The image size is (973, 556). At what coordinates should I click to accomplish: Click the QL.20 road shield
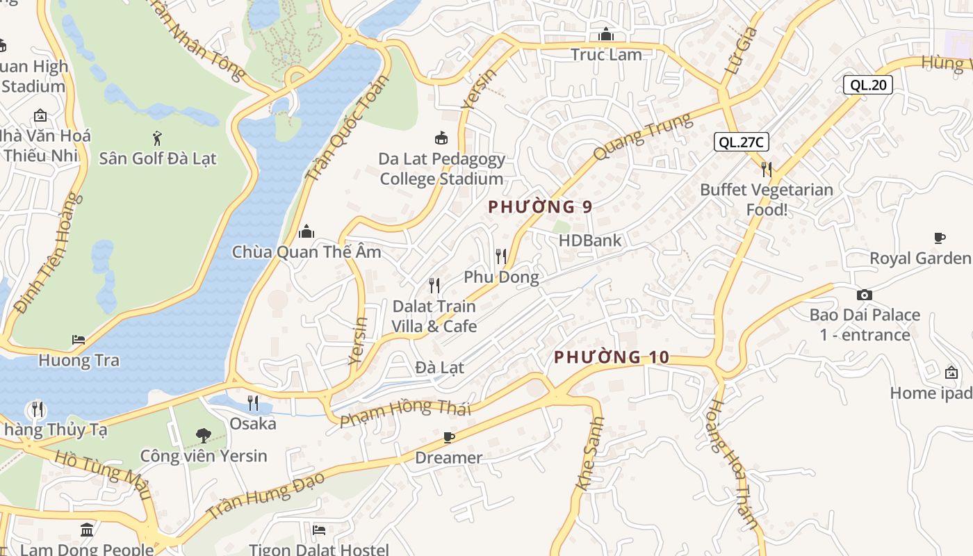867,85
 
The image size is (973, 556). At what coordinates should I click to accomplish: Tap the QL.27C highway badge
742,142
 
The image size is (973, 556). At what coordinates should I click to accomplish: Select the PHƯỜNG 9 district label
540,207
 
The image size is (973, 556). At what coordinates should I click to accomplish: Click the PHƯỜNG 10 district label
612,358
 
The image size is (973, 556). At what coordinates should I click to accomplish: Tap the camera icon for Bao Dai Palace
864,295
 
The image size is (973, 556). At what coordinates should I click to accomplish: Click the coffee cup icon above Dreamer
448,437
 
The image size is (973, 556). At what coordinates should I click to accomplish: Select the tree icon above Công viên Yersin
203,436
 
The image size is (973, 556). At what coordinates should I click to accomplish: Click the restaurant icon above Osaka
253,402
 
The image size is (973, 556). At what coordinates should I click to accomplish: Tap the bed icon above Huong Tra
79,340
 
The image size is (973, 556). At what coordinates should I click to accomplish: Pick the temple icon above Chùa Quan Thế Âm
306,231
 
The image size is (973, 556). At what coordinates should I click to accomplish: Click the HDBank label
590,240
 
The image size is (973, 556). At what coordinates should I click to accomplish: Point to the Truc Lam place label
606,54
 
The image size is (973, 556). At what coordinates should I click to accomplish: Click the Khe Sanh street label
589,454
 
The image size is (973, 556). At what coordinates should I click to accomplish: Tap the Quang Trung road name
642,137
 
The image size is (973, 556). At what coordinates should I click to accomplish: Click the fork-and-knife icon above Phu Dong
501,256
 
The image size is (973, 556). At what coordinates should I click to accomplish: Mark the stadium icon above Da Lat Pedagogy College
441,138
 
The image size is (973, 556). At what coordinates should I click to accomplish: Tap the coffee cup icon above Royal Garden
940,238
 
